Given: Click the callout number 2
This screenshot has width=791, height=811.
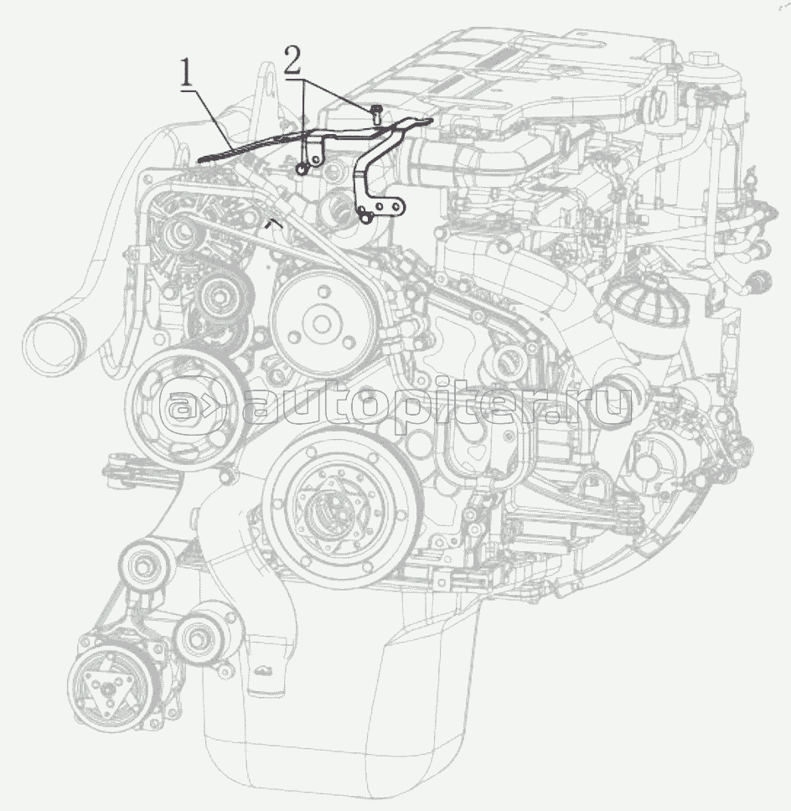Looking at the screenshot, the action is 292,61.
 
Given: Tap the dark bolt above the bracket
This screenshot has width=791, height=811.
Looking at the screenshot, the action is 376,113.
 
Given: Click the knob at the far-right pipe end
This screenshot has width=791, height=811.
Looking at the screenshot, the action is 762,282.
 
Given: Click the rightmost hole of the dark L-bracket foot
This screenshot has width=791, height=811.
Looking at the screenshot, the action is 397,206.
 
